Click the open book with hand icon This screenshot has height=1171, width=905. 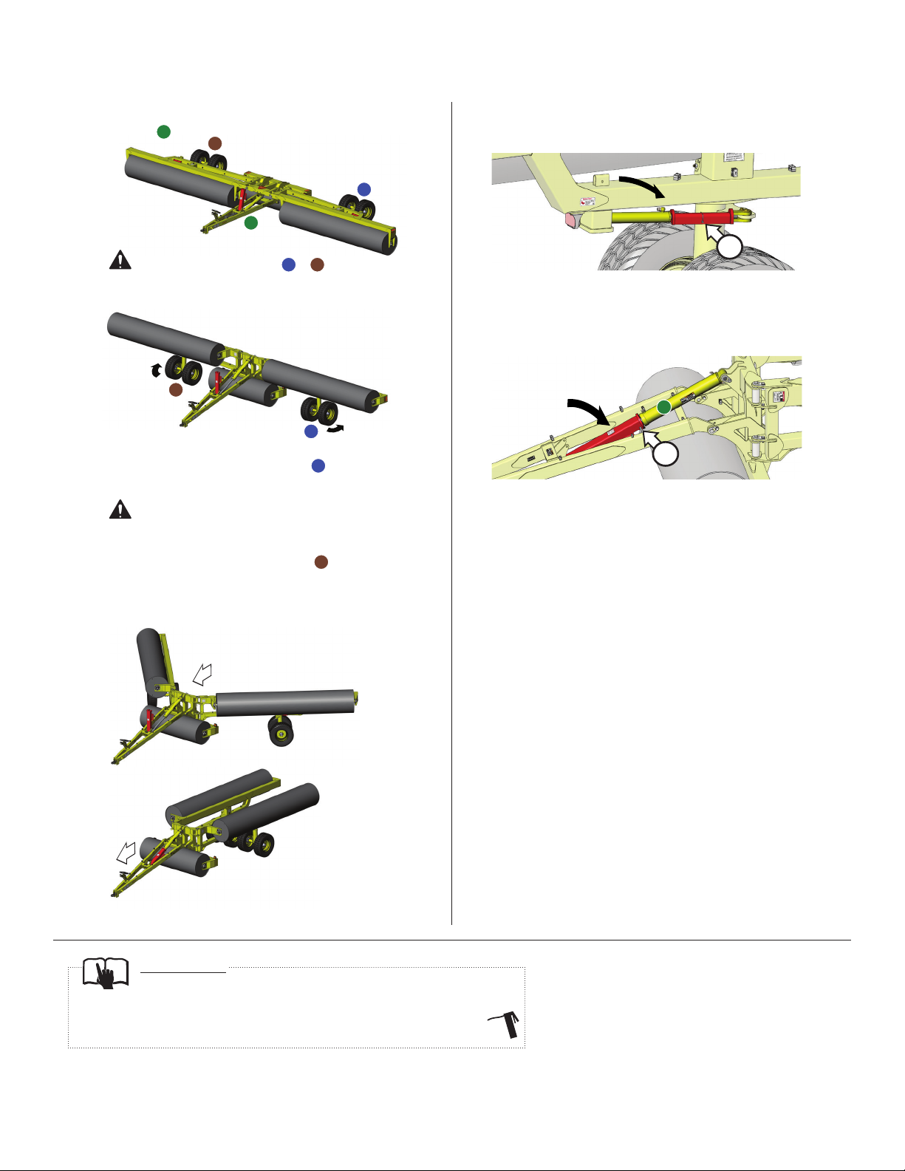point(106,973)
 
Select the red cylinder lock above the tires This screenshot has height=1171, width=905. point(702,216)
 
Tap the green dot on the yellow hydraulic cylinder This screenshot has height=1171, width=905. point(664,407)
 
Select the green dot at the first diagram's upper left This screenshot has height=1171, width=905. point(164,132)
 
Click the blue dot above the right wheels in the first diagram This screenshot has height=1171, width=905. point(363,189)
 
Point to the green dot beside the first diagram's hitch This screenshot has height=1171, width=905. point(251,222)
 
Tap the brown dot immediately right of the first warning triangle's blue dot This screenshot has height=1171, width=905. point(317,264)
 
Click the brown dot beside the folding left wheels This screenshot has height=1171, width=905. point(176,389)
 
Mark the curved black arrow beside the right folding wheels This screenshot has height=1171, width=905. point(336,429)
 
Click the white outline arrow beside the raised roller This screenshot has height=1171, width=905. point(202,673)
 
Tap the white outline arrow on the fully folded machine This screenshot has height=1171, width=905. point(126,854)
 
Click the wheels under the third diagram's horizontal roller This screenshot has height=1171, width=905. point(280,731)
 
